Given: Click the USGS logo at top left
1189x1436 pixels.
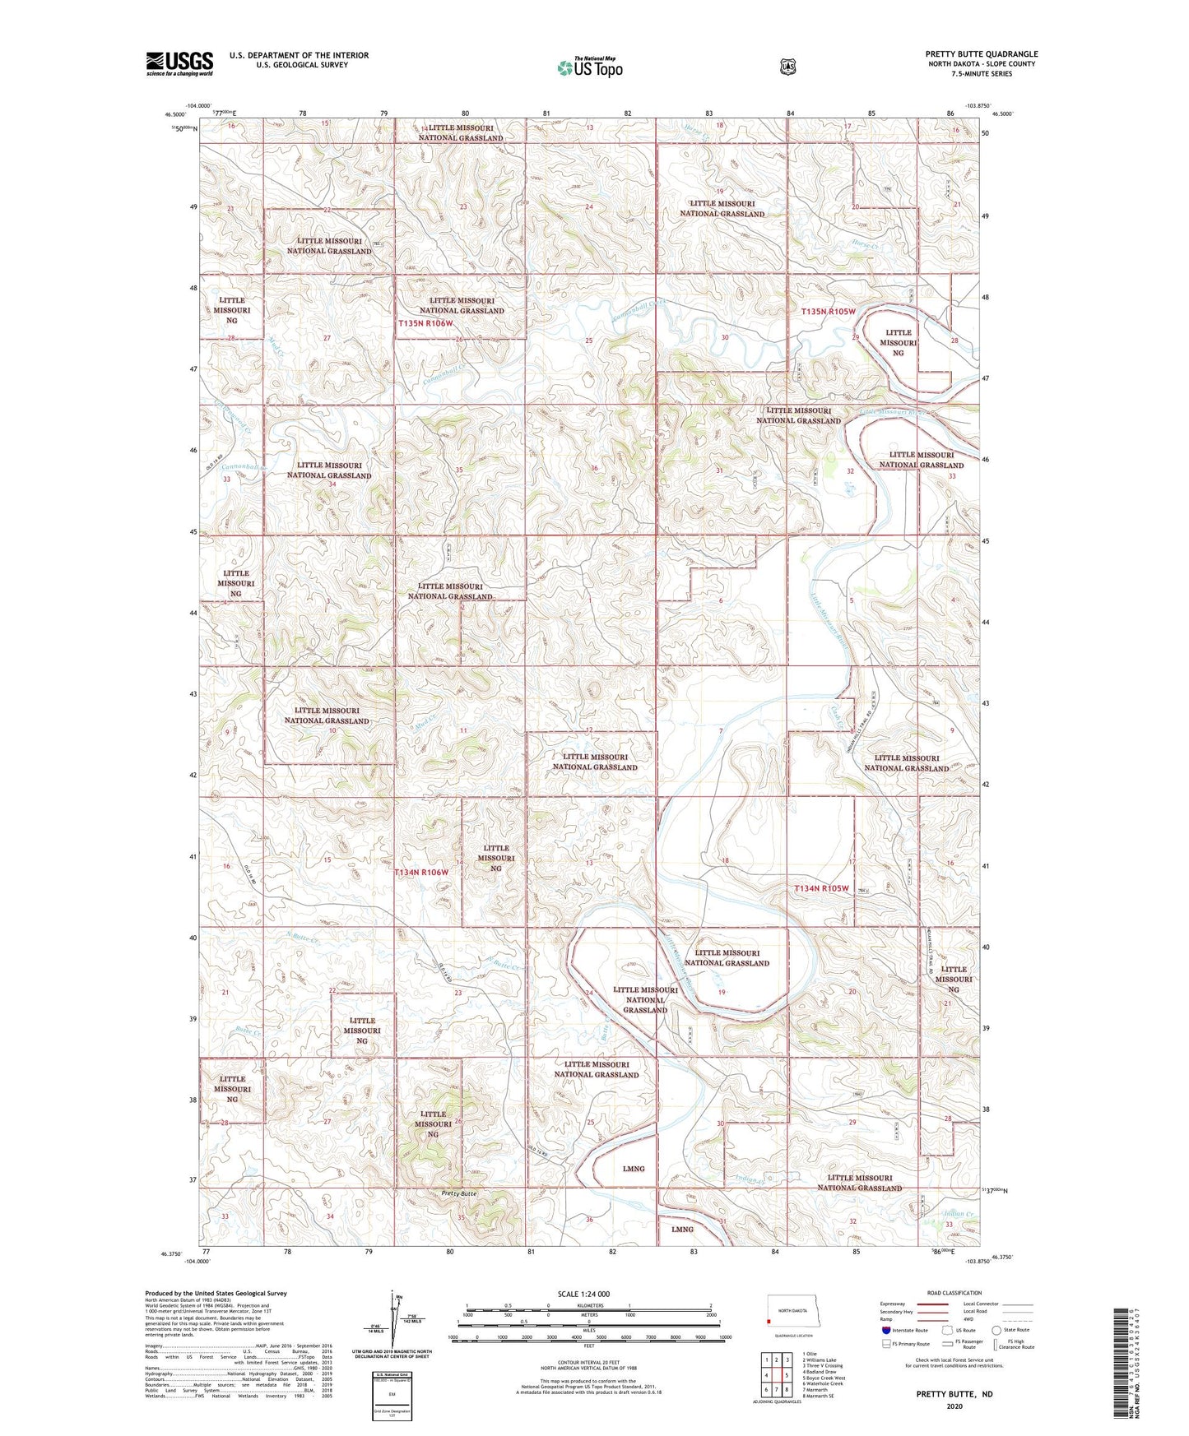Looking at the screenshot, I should pos(179,63).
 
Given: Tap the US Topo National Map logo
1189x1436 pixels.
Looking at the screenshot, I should pos(589,67).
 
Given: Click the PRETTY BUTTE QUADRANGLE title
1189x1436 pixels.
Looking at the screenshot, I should pos(981,54).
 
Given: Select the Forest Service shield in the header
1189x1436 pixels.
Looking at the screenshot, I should pos(787,66).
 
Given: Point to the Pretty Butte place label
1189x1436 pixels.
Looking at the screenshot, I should pos(459,1193).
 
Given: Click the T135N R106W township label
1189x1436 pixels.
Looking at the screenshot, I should pos(425,323).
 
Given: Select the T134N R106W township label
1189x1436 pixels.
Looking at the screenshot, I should pos(421,872).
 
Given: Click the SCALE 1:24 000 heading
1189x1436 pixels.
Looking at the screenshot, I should pos(583,1294).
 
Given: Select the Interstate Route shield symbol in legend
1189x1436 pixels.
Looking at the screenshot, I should pos(885,1330).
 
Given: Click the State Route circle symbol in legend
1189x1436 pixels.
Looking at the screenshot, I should pos(996,1330).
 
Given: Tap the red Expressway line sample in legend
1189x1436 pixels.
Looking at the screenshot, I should pos(932,1304).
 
